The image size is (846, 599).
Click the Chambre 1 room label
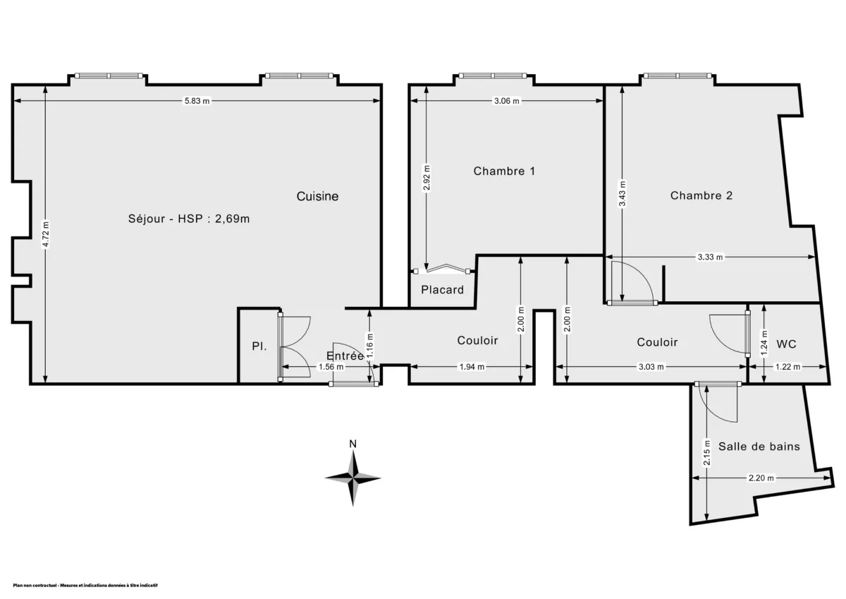tap(504, 171)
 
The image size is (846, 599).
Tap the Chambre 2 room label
tap(701, 195)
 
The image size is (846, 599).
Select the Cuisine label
tap(317, 196)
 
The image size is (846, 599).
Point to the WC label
tap(786, 344)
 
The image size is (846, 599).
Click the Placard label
tap(443, 289)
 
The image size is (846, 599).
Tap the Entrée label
tap(345, 356)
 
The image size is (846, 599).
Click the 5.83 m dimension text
tap(197, 101)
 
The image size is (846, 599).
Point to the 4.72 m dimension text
tap(46, 234)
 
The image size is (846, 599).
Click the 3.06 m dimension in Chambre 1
tap(506, 101)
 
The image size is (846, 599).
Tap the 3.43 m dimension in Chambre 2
tap(622, 193)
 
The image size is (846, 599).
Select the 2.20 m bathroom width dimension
tap(761, 478)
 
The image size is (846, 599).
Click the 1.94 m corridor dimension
tap(472, 367)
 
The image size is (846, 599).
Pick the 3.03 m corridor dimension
tap(651, 367)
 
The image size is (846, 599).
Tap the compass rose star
tap(353, 478)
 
